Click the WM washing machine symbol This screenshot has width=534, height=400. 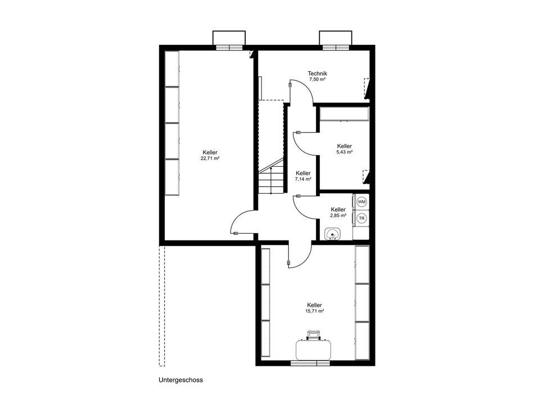[361, 202]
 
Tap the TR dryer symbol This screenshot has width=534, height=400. [361, 218]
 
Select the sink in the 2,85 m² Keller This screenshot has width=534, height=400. [332, 234]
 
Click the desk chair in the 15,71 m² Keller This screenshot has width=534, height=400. [314, 335]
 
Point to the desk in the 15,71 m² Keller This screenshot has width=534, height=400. [313, 349]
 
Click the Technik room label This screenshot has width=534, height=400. [318, 73]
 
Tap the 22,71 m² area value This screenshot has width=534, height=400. [210, 158]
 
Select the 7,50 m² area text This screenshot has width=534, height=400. [318, 79]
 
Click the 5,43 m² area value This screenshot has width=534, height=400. [345, 152]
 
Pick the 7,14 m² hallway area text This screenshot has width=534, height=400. [303, 179]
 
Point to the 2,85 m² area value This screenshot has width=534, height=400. [338, 216]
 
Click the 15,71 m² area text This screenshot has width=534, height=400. [314, 311]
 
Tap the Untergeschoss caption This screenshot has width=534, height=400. [180, 380]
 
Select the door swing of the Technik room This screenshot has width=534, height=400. [301, 92]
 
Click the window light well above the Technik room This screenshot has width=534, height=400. [336, 38]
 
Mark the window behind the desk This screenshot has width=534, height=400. [310, 363]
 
